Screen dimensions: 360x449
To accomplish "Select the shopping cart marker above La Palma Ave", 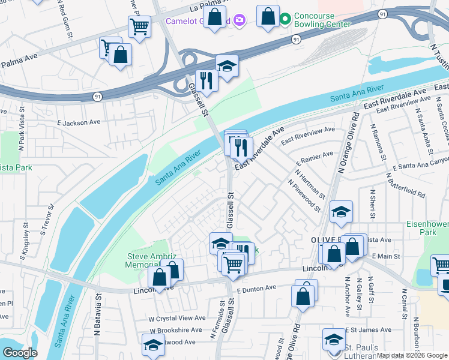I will click(139, 26).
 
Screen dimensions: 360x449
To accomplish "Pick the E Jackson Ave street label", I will click(79, 122).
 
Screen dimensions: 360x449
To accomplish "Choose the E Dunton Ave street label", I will click(256, 288).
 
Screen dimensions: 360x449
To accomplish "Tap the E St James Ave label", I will click(367, 330).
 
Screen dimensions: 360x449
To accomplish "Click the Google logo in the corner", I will click(20, 352).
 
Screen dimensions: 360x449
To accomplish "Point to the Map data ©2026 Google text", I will click(411, 355).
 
